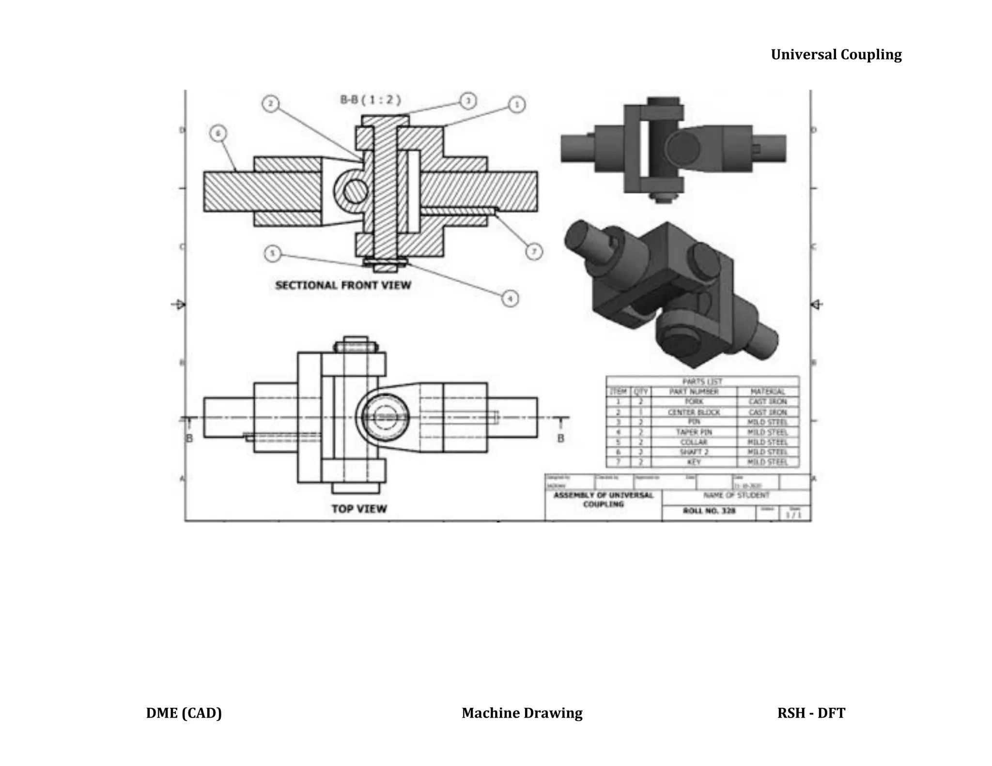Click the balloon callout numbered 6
coord(219,134)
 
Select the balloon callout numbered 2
coord(271,104)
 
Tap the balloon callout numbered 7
coord(534,251)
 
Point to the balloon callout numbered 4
coord(510,298)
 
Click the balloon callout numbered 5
coord(273,253)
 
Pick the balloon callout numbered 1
coord(517,105)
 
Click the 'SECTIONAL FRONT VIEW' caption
coord(343,285)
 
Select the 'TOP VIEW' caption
coord(359,509)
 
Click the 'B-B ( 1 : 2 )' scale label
coord(371,100)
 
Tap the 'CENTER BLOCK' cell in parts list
coord(694,413)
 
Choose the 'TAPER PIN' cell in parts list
coord(694,432)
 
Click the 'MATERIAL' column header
coord(768,392)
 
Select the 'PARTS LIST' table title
coord(702,382)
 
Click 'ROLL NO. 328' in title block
coord(709,511)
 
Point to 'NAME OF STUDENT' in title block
coord(736,495)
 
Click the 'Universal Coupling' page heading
coord(836,54)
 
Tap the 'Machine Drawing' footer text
coord(522,713)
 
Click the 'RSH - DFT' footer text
coord(811,713)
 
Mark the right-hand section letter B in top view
coord(560,438)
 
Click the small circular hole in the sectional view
coord(356,191)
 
